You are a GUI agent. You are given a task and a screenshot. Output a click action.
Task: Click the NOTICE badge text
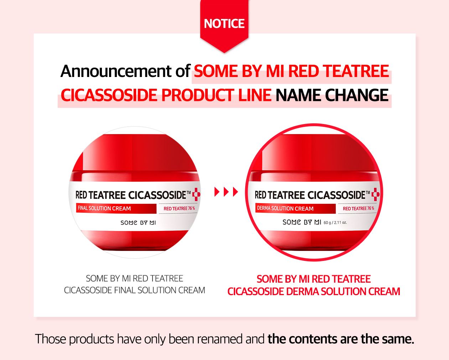(224, 24)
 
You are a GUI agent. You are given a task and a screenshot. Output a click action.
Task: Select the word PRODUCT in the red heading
(197, 95)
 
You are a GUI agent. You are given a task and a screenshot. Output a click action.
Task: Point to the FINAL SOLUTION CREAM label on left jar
(104, 208)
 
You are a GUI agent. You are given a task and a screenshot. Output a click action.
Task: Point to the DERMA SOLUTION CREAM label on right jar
(285, 208)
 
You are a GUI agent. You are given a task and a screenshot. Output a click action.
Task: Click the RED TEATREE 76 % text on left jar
(179, 209)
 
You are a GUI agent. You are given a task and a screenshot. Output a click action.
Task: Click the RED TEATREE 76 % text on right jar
(358, 209)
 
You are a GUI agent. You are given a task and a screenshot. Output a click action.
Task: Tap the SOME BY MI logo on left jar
(138, 223)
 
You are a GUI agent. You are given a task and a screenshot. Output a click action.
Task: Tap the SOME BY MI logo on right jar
(302, 222)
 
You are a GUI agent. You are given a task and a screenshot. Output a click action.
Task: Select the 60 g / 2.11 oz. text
(335, 223)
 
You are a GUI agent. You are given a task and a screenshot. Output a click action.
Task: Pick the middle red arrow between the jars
(226, 192)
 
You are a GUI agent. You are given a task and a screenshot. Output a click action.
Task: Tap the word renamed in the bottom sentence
(220, 339)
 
